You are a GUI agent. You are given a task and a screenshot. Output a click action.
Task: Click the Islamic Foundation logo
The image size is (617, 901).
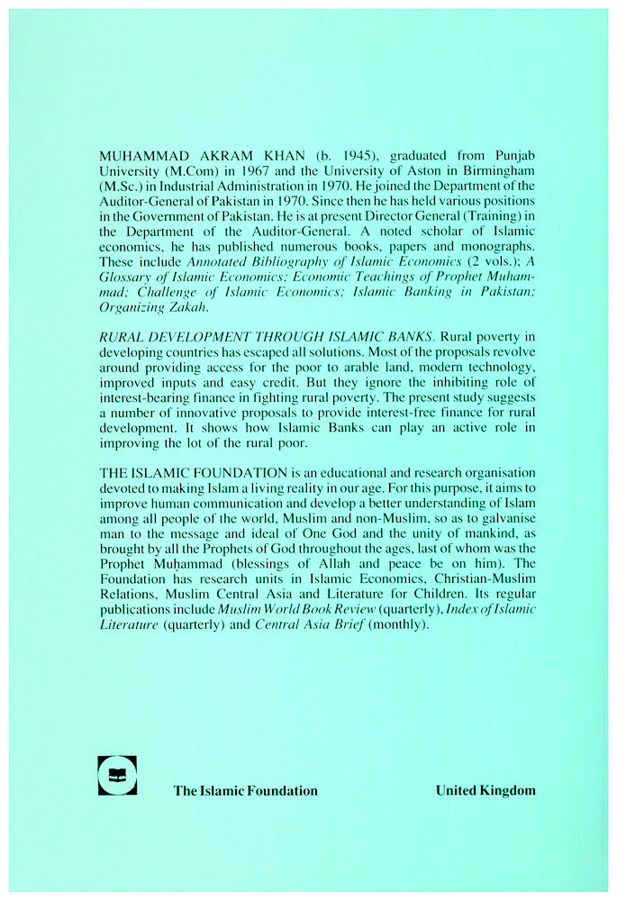click(x=117, y=775)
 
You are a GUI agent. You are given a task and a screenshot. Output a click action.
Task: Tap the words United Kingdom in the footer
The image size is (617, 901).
click(x=485, y=790)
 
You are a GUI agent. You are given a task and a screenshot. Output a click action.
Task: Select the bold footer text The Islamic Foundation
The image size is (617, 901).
click(x=245, y=791)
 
